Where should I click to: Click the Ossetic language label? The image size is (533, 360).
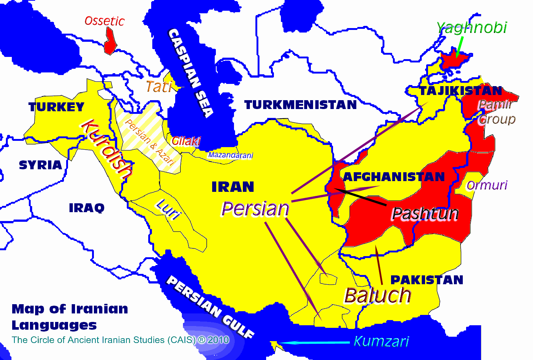(x=104, y=21)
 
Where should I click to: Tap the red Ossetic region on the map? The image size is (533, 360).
(x=110, y=42)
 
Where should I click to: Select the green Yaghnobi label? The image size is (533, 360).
(x=472, y=28)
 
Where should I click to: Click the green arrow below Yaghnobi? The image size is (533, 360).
(x=459, y=47)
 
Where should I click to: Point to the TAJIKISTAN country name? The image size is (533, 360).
(x=461, y=91)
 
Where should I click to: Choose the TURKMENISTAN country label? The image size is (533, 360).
(x=301, y=105)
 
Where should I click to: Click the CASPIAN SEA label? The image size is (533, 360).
(x=191, y=73)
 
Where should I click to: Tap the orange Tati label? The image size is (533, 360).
(x=159, y=87)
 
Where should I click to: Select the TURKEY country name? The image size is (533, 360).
(x=57, y=107)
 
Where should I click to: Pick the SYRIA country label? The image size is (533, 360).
(x=40, y=165)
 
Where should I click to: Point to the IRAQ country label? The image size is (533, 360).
(x=86, y=208)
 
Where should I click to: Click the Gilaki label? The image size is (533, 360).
(x=186, y=141)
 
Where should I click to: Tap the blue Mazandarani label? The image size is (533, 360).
(x=230, y=155)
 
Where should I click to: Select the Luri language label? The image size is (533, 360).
(x=169, y=209)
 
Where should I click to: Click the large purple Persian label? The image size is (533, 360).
(x=255, y=209)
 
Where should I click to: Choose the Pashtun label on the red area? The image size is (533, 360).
(x=425, y=214)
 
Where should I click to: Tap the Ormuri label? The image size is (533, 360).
(x=487, y=185)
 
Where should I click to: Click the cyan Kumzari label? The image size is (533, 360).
(x=381, y=341)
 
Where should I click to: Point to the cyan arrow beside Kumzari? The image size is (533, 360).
(x=314, y=343)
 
